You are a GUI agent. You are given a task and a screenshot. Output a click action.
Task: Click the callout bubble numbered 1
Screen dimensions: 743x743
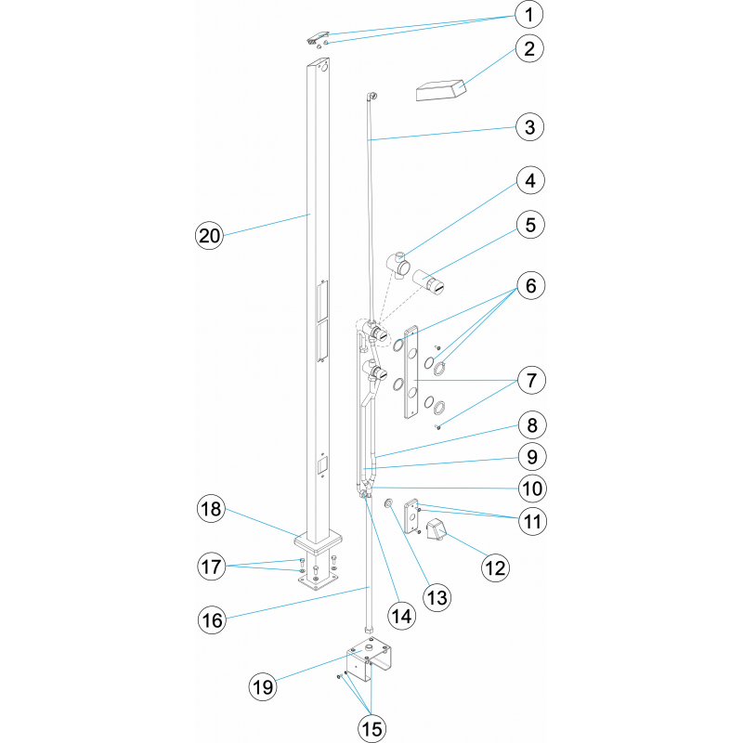(528, 15)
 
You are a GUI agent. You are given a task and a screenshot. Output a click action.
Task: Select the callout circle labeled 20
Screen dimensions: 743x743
(210, 236)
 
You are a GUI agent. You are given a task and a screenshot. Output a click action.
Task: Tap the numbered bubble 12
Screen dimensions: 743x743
(496, 567)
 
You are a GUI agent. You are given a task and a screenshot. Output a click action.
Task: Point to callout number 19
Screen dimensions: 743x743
(263, 686)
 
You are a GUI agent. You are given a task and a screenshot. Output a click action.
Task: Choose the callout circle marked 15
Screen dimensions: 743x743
(372, 728)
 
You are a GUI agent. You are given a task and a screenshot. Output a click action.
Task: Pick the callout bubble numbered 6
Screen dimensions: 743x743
(530, 286)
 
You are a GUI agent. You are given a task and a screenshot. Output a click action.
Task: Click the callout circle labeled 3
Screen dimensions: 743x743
(529, 127)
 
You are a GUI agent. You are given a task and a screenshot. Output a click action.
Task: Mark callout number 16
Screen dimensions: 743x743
(212, 620)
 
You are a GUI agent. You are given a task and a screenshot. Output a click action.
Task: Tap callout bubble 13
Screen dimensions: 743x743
(437, 597)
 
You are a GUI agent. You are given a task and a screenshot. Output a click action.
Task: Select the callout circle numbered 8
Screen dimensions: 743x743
(532, 425)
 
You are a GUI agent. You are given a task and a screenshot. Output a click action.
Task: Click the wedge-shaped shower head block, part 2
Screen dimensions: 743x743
(440, 90)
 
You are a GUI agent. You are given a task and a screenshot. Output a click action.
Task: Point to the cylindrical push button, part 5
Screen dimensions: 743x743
(428, 282)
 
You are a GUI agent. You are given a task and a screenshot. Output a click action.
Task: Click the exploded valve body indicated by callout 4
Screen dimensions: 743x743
(398, 266)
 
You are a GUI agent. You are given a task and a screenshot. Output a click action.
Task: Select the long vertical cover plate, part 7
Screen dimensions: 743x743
(411, 372)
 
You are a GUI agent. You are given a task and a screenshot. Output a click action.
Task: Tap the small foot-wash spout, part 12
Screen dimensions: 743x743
(436, 529)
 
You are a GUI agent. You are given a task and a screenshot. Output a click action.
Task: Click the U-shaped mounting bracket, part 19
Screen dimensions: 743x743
(370, 659)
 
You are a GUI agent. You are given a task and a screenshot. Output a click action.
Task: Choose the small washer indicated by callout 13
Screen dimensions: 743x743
(388, 502)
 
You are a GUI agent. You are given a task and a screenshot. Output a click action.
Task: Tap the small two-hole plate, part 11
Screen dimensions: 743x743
(411, 516)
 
